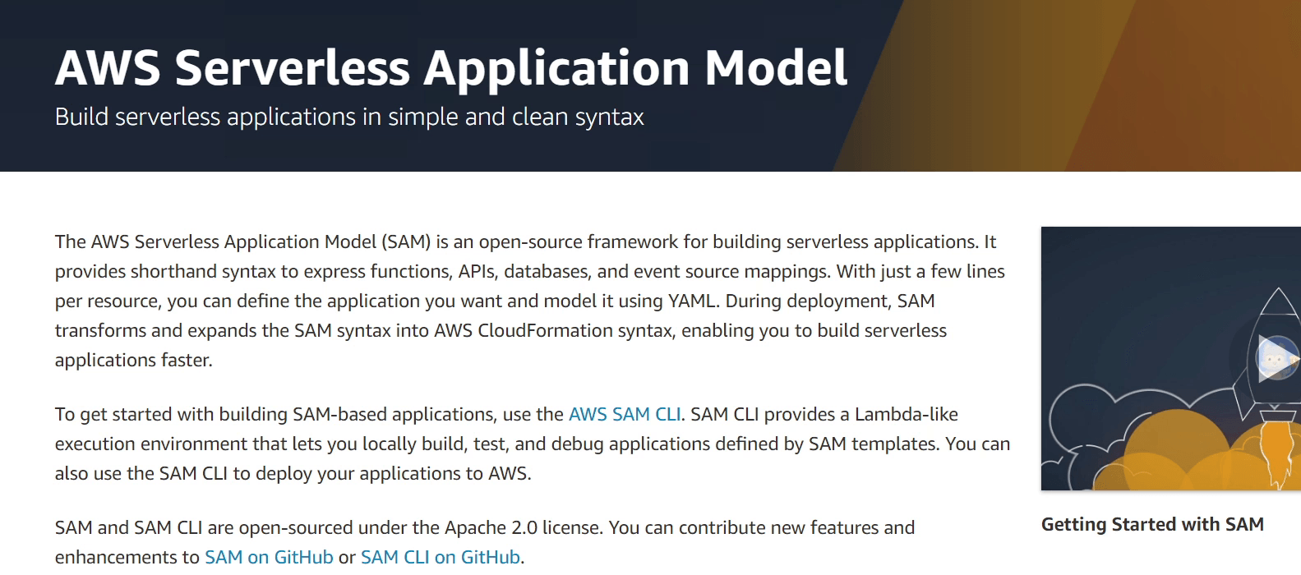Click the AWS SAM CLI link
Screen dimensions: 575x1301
[624, 415]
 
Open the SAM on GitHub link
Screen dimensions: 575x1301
[269, 558]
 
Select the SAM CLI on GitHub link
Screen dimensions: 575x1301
[440, 558]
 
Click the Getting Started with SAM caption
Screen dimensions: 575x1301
[1151, 525]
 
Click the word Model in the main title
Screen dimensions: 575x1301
[775, 68]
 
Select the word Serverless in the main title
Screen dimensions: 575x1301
[292, 68]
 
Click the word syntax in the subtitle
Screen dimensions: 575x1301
[609, 117]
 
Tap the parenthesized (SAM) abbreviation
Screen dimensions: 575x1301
[406, 242]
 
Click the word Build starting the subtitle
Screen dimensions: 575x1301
[81, 117]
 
